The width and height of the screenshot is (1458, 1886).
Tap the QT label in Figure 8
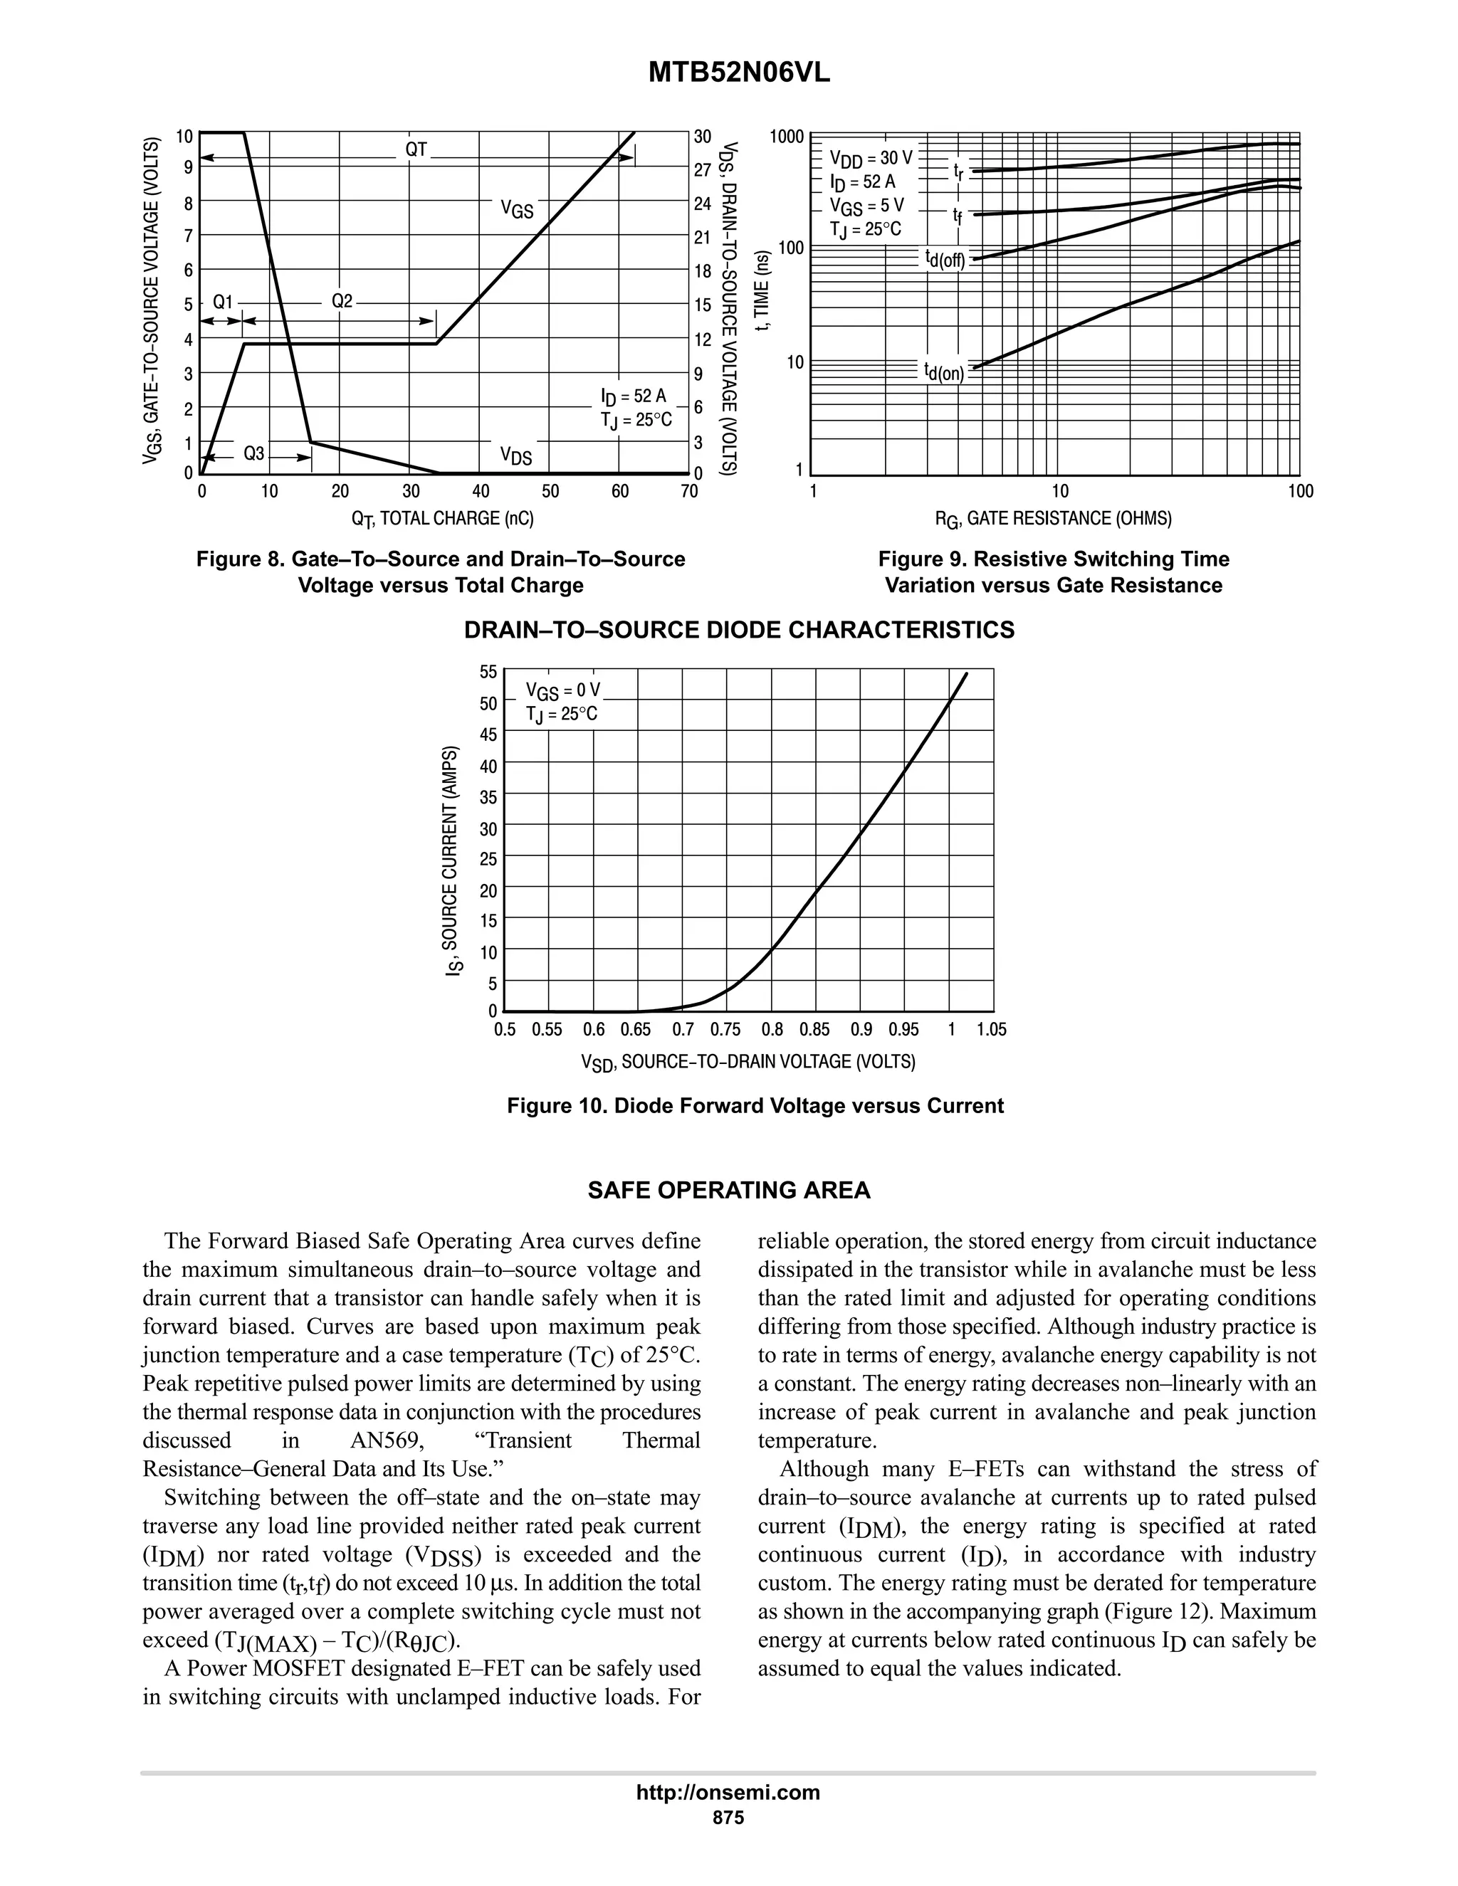[x=416, y=149]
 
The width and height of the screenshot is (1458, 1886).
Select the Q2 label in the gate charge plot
[x=342, y=301]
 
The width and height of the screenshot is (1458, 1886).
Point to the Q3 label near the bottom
[x=253, y=453]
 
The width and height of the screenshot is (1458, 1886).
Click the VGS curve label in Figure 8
[x=518, y=209]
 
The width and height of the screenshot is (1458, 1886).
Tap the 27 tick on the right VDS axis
[x=702, y=170]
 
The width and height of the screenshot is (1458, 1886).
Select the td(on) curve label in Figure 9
[x=944, y=372]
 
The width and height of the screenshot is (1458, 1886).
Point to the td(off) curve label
[x=944, y=258]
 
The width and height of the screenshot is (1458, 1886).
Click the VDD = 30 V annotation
[x=870, y=158]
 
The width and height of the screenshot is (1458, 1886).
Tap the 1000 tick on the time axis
[x=788, y=137]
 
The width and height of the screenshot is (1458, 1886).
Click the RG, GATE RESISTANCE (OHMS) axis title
[x=1053, y=519]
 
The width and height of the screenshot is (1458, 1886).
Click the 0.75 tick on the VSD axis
[x=725, y=1029]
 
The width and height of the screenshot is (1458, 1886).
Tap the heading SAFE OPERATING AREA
[x=729, y=1191]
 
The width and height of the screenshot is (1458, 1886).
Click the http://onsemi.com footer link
[x=728, y=1793]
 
